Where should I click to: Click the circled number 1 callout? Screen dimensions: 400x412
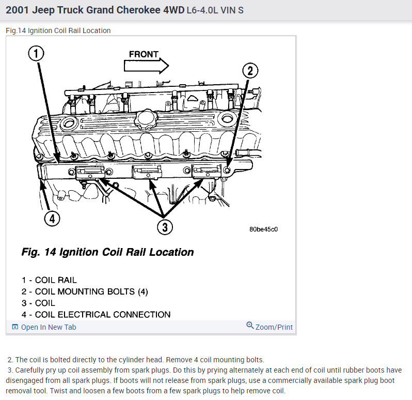click(37, 53)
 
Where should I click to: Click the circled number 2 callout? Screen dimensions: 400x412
click(249, 70)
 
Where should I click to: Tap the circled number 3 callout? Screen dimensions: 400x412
click(164, 227)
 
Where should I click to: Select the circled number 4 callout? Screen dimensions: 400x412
click(51, 219)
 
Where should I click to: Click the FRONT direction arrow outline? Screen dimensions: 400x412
click(146, 65)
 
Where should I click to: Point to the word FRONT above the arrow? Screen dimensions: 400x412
click(144, 54)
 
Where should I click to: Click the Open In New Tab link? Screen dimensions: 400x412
click(48, 327)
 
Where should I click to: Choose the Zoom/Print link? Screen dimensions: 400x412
click(274, 327)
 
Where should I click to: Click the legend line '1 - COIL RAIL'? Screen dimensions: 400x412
click(49, 280)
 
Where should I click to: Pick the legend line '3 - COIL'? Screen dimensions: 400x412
click(38, 303)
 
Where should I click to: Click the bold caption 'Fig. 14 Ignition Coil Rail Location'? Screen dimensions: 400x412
click(107, 253)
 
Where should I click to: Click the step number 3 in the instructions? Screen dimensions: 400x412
click(10, 371)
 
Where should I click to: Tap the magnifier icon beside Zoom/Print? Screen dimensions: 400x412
click(250, 326)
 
